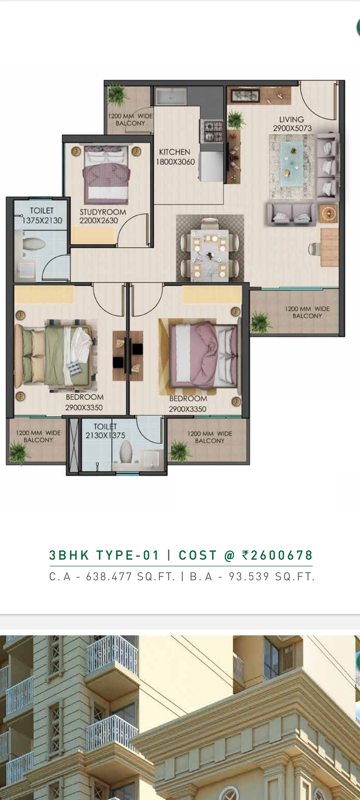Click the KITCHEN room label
[x=174, y=152]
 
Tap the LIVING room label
[x=292, y=119]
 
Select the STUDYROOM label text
[x=103, y=212]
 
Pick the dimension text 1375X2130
[x=42, y=220]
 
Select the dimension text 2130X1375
[x=105, y=435]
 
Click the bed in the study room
[x=106, y=175]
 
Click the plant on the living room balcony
[x=260, y=322]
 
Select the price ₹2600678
[x=278, y=555]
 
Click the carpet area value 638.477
[x=109, y=577]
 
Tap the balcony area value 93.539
[x=249, y=577]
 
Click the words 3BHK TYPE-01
[x=104, y=555]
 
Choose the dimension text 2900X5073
[x=292, y=128]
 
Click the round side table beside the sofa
[x=329, y=213]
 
